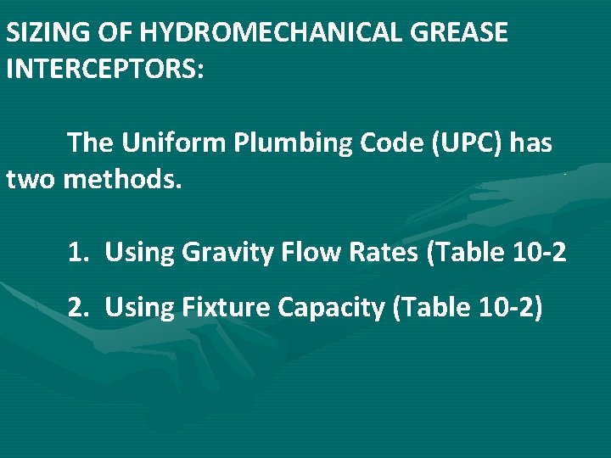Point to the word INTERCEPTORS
click(x=105, y=68)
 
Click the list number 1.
click(x=78, y=252)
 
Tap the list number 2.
click(x=78, y=307)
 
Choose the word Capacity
click(x=332, y=308)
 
